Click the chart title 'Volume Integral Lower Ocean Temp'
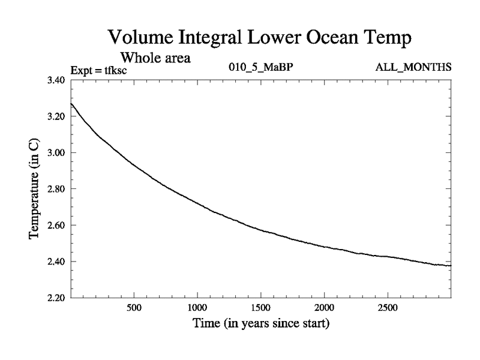pyautogui.click(x=261, y=38)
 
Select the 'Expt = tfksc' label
pyautogui.click(x=99, y=71)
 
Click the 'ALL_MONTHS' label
pyautogui.click(x=413, y=68)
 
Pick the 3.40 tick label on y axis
pyautogui.click(x=57, y=80)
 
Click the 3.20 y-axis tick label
pyautogui.click(x=57, y=116)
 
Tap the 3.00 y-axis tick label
pyautogui.click(x=57, y=152)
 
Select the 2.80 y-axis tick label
pyautogui.click(x=57, y=189)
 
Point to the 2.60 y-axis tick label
pyautogui.click(x=57, y=225)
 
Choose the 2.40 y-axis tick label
pyautogui.click(x=57, y=262)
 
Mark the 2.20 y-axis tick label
pyautogui.click(x=57, y=298)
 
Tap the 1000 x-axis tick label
pyautogui.click(x=197, y=309)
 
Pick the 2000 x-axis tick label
pyautogui.click(x=324, y=309)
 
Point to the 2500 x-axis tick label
pyautogui.click(x=387, y=309)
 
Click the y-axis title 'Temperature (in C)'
pyautogui.click(x=34, y=189)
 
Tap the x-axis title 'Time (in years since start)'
pyautogui.click(x=261, y=325)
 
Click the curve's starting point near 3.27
pyautogui.click(x=71, y=104)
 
